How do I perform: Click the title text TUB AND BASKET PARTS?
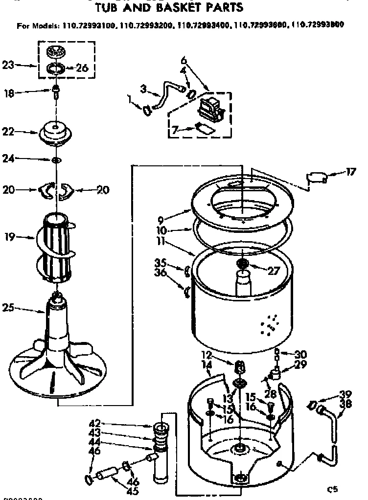(168, 8)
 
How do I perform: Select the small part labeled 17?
(315, 178)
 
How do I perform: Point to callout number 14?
(206, 364)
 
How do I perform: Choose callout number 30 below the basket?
(300, 354)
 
